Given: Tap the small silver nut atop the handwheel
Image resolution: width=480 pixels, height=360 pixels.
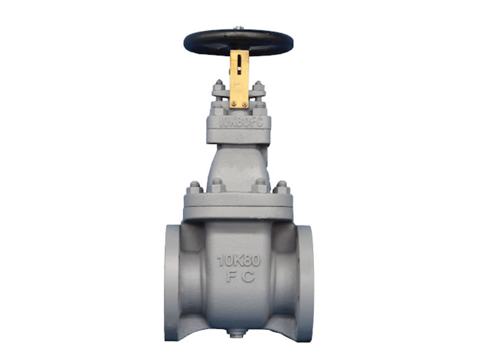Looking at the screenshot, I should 239,28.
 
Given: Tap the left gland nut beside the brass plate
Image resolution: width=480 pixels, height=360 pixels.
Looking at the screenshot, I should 219,86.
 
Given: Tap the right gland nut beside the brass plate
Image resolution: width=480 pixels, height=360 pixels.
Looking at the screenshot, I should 258,86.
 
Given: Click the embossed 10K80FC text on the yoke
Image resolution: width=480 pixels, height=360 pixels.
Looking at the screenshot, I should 240,122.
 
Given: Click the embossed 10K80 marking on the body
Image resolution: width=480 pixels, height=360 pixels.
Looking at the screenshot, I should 239,261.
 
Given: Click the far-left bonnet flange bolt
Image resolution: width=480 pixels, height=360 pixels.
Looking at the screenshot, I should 195,187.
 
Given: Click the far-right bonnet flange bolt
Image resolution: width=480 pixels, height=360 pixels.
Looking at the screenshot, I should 282,187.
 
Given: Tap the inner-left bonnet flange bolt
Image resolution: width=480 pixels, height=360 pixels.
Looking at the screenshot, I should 217,184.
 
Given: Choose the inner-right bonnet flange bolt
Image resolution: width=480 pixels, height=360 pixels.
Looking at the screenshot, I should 260,184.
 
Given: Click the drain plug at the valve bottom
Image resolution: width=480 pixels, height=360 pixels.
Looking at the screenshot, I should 236,332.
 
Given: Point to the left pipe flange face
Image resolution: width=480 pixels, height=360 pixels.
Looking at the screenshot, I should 172,282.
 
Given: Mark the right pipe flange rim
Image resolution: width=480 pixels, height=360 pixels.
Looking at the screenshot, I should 306,282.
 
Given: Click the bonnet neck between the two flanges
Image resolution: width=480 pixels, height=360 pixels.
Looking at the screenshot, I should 238,164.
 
